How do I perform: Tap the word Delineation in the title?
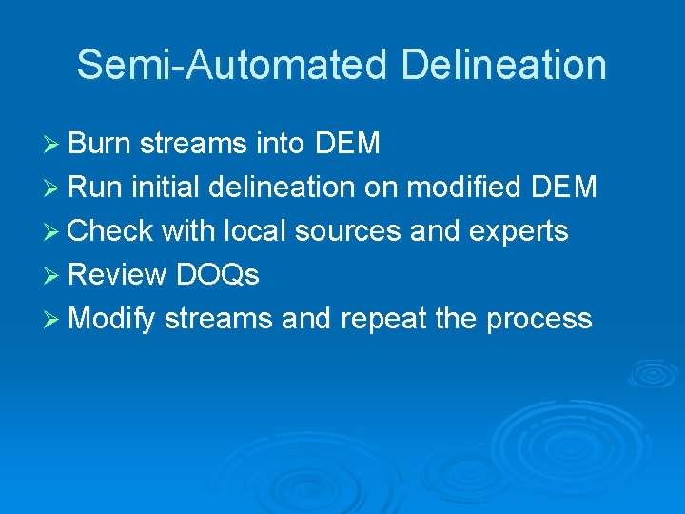[504, 65]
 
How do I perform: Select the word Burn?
[100, 144]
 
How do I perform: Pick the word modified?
[464, 188]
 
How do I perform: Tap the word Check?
[110, 231]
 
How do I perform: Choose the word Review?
[119, 275]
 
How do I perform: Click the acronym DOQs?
[218, 275]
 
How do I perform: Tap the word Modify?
[112, 319]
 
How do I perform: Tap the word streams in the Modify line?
[219, 319]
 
